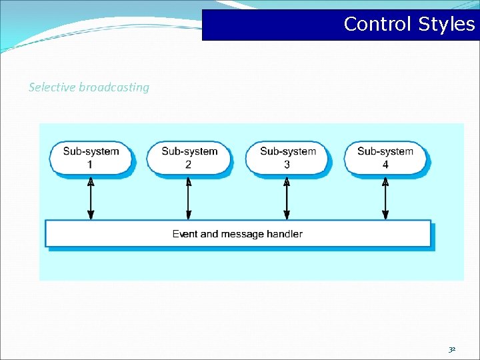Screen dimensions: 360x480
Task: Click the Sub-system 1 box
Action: point(91,157)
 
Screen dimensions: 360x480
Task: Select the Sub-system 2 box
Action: point(189,157)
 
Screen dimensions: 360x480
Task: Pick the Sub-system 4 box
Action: point(385,157)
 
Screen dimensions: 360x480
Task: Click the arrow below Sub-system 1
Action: point(91,197)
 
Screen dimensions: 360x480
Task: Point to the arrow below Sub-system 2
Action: point(189,197)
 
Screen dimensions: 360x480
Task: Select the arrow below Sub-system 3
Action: point(287,197)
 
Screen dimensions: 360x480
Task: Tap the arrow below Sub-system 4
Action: point(385,197)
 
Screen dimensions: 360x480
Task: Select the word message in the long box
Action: point(242,234)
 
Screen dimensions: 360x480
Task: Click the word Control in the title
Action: point(378,25)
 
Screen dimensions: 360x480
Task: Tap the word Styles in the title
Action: point(447,25)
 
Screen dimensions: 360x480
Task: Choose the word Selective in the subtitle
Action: point(52,87)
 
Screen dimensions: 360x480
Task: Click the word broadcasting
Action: point(114,87)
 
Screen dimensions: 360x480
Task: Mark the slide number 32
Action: point(452,349)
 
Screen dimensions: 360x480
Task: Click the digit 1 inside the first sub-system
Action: point(91,164)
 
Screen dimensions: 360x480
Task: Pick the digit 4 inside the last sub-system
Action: point(385,164)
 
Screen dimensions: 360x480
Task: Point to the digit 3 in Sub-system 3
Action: point(287,164)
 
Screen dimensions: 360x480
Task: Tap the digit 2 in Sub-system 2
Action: point(189,164)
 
